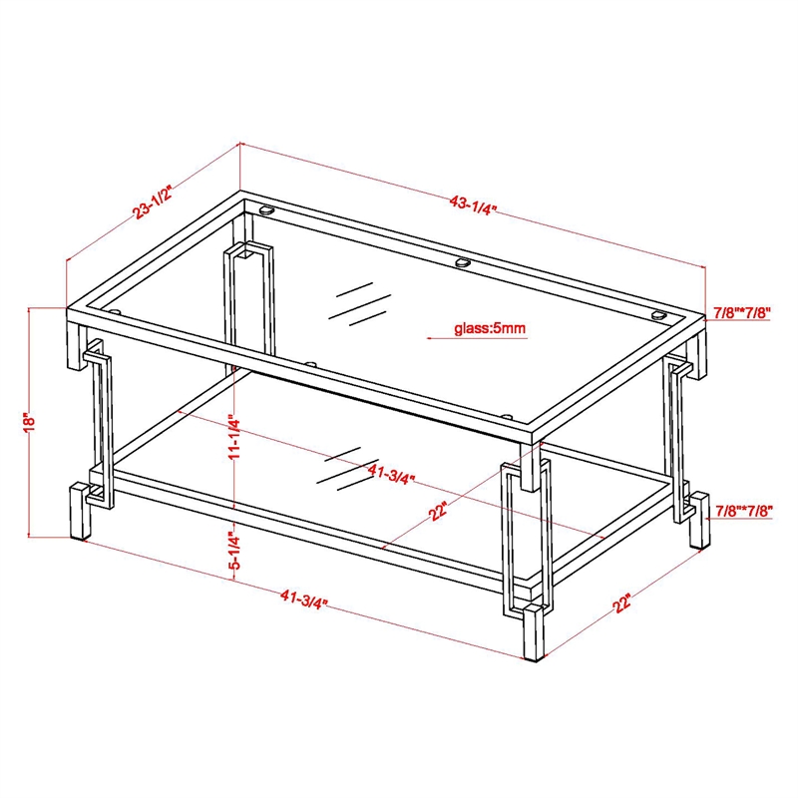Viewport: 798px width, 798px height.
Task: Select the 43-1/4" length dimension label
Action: [473, 205]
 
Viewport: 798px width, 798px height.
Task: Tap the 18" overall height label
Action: [30, 421]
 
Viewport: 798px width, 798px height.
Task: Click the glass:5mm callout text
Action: [490, 328]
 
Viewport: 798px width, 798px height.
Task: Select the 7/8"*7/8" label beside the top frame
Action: [742, 312]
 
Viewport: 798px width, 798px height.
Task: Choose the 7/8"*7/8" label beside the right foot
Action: [744, 510]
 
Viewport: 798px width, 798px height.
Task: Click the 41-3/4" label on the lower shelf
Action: [391, 475]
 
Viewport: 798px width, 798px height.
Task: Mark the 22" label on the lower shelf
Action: [438, 511]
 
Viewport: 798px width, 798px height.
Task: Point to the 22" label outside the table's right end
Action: [621, 603]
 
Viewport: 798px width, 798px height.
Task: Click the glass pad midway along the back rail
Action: [463, 262]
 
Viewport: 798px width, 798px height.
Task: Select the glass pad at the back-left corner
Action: [266, 208]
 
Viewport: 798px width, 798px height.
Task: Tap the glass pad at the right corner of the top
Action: [659, 315]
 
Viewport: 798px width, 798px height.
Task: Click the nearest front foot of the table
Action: [534, 632]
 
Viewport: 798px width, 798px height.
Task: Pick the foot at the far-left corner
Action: [80, 511]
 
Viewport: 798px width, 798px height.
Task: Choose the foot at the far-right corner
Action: [700, 520]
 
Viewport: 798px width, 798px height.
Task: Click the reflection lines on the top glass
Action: [360, 304]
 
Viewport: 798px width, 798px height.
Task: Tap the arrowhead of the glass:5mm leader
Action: [430, 338]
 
